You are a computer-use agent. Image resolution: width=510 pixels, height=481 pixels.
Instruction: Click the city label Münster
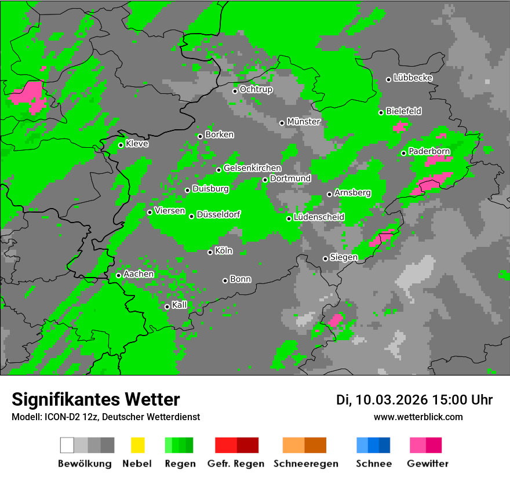[304, 122]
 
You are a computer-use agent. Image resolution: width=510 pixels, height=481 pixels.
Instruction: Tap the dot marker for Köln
[210, 252]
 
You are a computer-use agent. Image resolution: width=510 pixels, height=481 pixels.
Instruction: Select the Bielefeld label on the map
[404, 111]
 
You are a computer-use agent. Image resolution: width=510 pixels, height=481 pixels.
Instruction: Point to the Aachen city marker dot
[118, 275]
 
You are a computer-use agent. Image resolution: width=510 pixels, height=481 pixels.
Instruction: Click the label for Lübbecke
[413, 78]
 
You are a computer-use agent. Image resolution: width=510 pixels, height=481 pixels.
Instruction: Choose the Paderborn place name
[429, 152]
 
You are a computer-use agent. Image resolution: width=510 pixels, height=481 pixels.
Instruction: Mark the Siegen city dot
[325, 258]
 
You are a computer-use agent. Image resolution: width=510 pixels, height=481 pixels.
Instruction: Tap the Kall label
[180, 305]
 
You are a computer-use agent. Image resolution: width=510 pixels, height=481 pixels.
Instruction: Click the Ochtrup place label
[256, 90]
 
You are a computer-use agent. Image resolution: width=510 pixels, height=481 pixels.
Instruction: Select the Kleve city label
[137, 144]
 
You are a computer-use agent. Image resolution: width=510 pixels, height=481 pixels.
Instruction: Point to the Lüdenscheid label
[319, 217]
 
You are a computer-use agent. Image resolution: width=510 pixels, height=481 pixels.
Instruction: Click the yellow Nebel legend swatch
[137, 445]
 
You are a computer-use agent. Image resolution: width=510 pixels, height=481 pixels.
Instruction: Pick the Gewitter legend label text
[428, 464]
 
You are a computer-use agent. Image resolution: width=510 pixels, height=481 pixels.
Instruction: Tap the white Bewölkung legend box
[67, 445]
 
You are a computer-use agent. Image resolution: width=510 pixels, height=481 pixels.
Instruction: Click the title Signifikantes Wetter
[96, 400]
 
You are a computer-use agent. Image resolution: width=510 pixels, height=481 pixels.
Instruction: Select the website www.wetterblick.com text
[418, 417]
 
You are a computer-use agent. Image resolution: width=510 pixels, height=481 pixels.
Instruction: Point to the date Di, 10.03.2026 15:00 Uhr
[414, 400]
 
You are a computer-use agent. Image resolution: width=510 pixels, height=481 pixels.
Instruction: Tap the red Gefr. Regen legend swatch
[225, 445]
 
